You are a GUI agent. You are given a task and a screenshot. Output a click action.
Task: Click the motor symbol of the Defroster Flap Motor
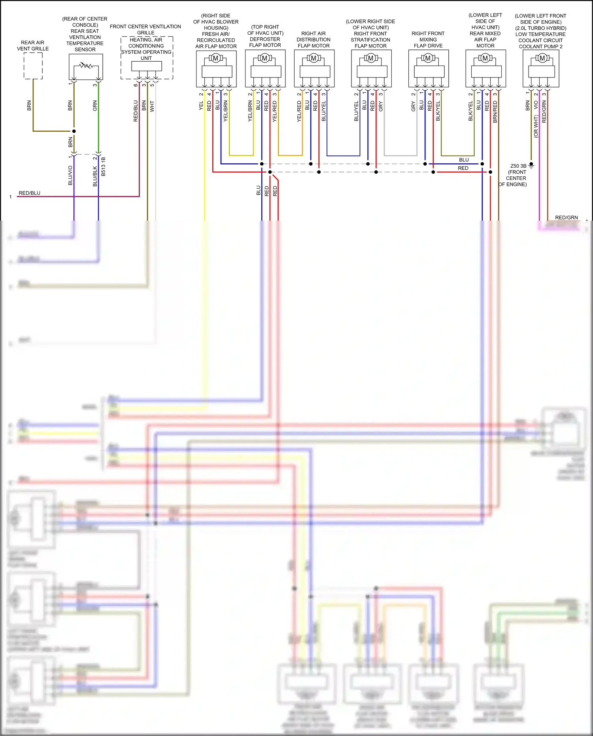[265, 59]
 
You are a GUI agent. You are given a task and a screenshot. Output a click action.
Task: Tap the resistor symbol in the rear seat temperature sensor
[85, 65]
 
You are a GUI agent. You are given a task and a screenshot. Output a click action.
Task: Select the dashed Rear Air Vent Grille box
[33, 66]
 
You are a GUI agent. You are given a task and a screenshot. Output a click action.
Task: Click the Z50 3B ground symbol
[531, 165]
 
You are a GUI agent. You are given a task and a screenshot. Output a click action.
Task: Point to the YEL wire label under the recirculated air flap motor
[201, 106]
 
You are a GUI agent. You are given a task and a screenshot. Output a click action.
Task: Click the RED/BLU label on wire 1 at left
[30, 193]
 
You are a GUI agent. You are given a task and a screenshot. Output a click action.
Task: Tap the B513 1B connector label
[104, 166]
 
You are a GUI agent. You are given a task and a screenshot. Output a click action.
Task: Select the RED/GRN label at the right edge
[566, 218]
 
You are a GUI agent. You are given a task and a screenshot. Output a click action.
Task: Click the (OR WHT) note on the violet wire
[536, 126]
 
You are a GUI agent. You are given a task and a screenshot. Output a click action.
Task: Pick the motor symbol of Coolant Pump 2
[542, 59]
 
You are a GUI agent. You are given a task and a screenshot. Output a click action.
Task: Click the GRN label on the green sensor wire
[95, 106]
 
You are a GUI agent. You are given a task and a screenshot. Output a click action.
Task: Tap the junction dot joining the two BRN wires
[74, 131]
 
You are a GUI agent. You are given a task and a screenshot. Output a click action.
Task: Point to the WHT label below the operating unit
[152, 106]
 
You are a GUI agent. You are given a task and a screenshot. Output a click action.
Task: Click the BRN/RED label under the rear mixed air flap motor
[495, 112]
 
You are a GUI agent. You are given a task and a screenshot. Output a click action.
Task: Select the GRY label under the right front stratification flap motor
[381, 106]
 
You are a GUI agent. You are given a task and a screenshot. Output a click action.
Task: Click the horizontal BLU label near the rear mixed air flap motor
[464, 160]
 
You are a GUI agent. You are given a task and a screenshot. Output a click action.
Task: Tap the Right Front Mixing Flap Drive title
[428, 40]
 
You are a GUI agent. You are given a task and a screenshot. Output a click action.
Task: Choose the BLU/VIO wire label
[70, 175]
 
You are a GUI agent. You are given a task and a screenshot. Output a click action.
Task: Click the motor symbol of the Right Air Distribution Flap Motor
[314, 59]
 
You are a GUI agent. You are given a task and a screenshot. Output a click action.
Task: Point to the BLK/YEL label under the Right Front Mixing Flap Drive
[438, 111]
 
